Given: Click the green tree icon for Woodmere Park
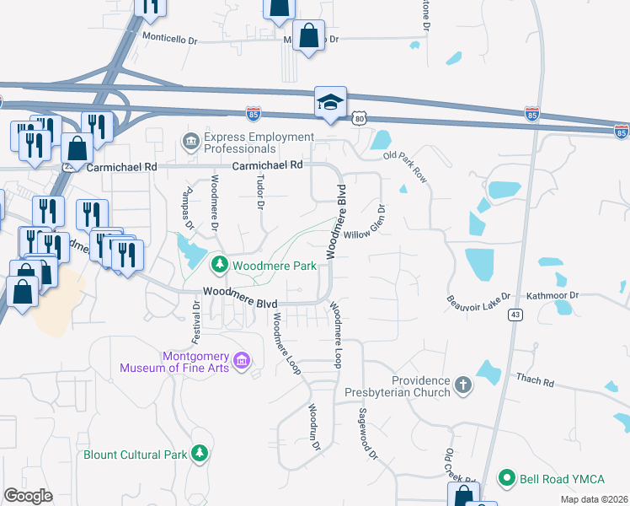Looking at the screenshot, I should pos(220,266).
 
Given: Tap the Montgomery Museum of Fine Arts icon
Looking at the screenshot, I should pos(242,361).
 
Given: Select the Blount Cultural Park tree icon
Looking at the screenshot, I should pos(200,455).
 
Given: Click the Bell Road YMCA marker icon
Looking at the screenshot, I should pos(506,479).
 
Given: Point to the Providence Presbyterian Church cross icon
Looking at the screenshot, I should pos(462,386).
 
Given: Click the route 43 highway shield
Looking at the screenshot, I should pos(514,315).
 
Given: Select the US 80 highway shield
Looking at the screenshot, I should pos(360,119).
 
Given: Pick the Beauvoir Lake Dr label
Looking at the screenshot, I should pos(478,299).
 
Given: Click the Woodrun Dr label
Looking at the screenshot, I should pos(314,428).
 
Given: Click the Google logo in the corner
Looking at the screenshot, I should pos(28,495).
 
